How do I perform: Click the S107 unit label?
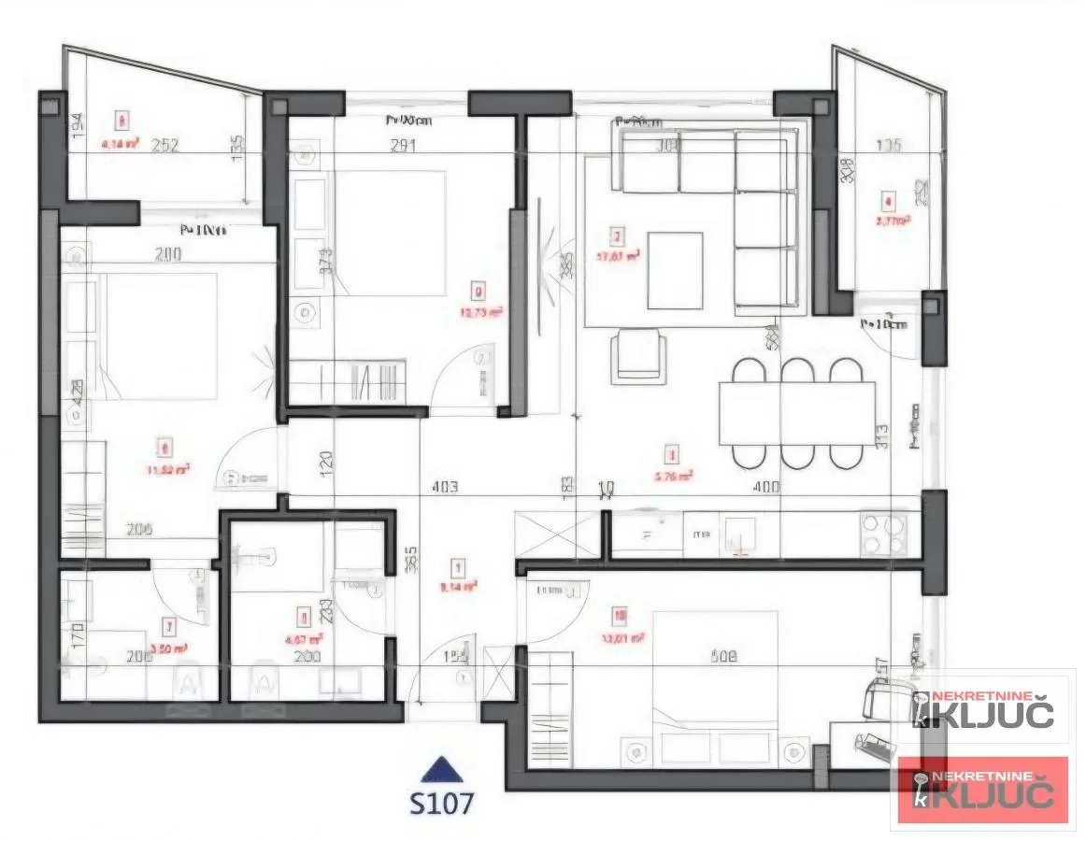tap(441, 802)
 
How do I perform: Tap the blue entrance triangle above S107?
tap(441, 770)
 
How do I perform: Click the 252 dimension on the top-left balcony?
tap(164, 145)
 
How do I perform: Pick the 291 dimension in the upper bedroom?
tap(401, 145)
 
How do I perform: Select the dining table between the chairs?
tap(796, 413)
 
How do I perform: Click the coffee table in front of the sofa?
tap(674, 270)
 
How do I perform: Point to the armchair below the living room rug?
tap(638, 358)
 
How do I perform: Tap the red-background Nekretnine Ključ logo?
tap(983, 790)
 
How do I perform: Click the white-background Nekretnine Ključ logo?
tap(983, 709)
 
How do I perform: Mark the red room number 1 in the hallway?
tap(458, 566)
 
